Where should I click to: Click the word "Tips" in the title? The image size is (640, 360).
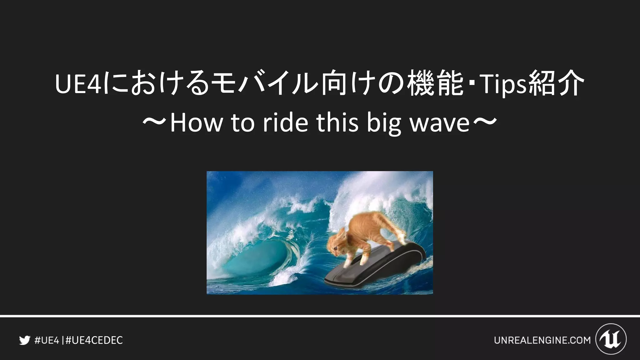click(503, 84)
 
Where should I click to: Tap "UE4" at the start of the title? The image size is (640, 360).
click(78, 84)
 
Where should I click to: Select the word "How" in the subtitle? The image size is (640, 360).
click(196, 123)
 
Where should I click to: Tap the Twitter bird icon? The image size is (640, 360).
click(24, 340)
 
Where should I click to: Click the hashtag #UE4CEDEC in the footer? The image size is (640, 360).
click(94, 340)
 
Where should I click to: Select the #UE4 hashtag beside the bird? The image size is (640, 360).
click(47, 340)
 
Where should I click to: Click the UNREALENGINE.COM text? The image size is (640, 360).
click(542, 340)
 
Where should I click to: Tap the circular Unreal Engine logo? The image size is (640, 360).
click(611, 339)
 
